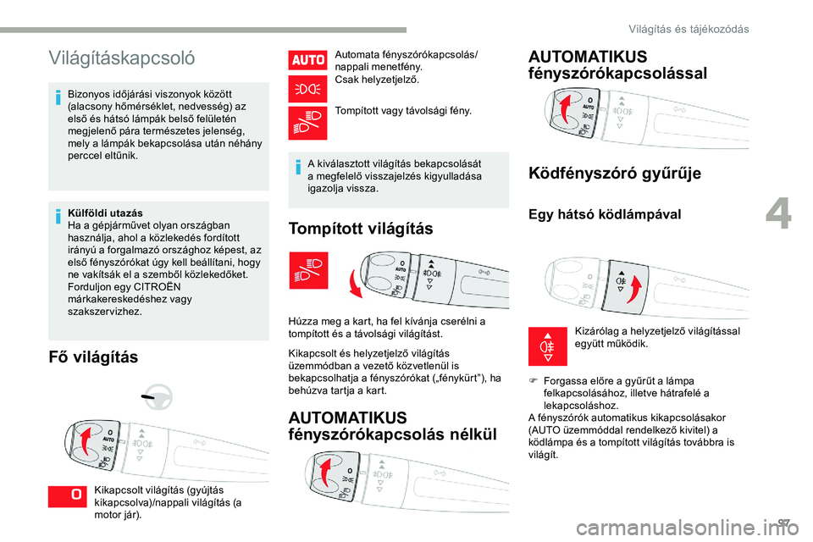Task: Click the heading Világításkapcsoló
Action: point(122,58)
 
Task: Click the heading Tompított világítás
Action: point(361,229)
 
